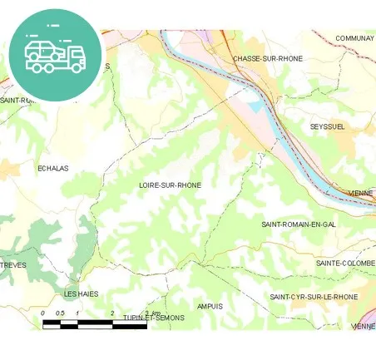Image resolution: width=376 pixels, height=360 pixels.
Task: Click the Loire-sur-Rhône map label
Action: click(171, 185)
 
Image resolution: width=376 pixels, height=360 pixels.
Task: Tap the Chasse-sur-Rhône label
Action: click(268, 59)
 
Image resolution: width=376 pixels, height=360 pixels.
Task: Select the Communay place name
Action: click(355, 38)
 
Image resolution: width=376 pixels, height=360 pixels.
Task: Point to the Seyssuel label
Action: click(327, 126)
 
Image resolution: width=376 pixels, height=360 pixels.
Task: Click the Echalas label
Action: click(53, 168)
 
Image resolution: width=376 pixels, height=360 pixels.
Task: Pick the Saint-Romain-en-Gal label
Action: click(298, 224)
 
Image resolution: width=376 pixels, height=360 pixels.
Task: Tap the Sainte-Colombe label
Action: click(345, 263)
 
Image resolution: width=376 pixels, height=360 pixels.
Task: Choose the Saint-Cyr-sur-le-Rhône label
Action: click(314, 297)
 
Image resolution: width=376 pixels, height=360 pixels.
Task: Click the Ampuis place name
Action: click(210, 306)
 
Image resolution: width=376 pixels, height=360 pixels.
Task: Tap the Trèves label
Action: click(13, 265)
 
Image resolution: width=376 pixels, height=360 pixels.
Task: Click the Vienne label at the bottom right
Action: click(364, 327)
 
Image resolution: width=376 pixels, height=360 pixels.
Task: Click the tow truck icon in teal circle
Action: click(55, 54)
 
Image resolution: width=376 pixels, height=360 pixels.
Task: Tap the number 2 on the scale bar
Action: click(111, 313)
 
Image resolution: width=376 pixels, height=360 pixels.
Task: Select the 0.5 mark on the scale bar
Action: click(59, 313)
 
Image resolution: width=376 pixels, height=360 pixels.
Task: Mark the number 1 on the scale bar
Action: click(77, 313)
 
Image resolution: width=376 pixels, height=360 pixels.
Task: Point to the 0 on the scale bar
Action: click(42, 313)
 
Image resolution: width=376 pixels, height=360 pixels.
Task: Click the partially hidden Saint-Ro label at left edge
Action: click(14, 101)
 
